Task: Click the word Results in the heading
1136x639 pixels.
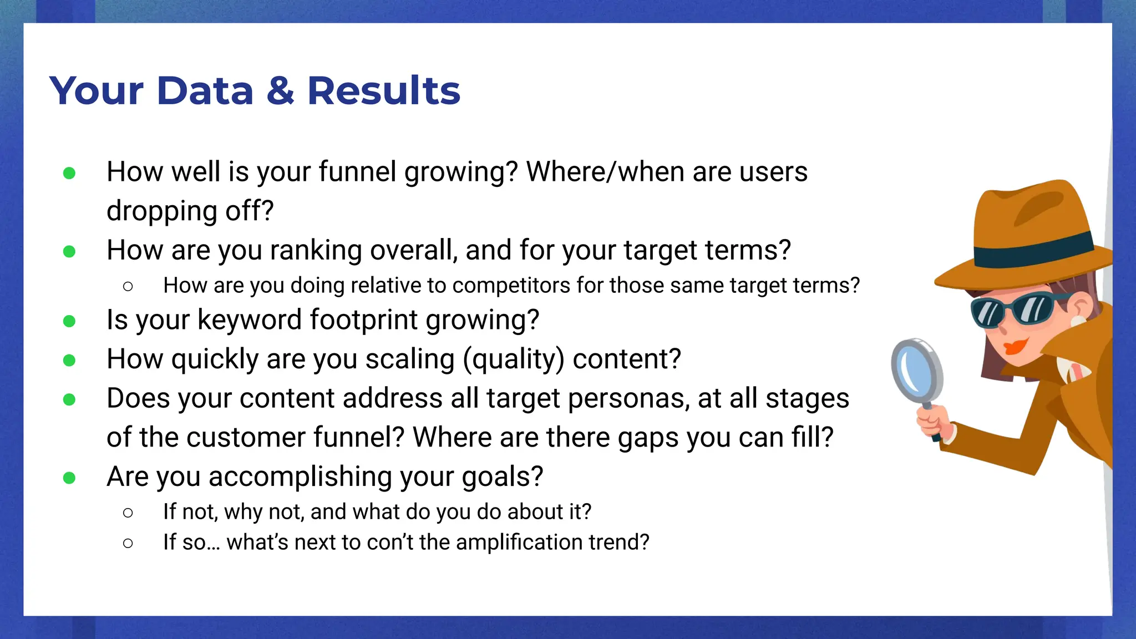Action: click(x=383, y=91)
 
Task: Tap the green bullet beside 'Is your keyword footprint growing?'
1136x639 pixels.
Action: click(x=69, y=321)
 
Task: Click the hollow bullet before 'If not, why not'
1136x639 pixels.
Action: click(x=128, y=513)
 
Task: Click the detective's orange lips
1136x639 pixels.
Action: click(x=1015, y=347)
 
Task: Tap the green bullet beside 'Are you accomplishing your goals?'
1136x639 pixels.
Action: click(x=69, y=478)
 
